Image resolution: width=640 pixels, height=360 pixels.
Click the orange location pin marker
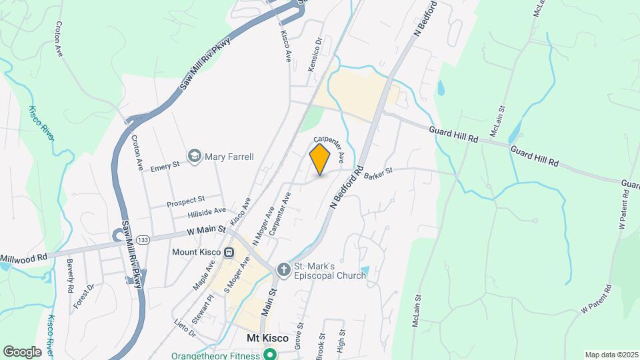pos(320,159)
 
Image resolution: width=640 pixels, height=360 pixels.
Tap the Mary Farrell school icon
pos(195,157)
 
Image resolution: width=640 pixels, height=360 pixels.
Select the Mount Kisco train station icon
pos(229,252)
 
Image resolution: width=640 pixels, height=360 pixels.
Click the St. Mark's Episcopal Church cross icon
pos(283,269)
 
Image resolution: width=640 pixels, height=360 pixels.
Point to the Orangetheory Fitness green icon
pos(270,354)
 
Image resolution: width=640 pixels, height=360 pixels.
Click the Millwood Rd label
pos(23,257)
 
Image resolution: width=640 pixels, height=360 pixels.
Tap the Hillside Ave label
pos(207,213)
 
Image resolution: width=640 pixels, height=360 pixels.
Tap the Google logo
pos(22,351)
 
